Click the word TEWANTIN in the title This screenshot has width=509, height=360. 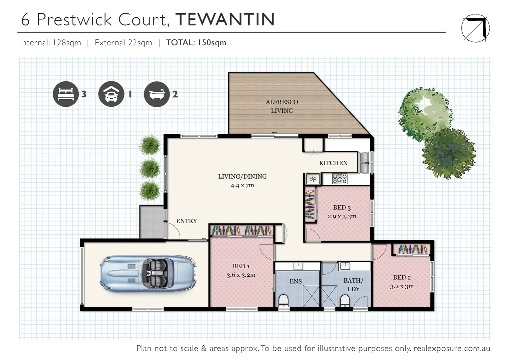click(x=225, y=19)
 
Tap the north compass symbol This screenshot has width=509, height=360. click(x=475, y=28)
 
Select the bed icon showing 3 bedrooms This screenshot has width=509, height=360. click(x=66, y=94)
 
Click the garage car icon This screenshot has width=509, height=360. click(x=111, y=94)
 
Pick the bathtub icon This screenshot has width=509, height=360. click(x=157, y=94)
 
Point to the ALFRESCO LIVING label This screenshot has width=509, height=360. click(x=282, y=106)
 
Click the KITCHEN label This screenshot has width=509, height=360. click(x=333, y=163)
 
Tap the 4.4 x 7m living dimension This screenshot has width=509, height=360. click(x=242, y=185)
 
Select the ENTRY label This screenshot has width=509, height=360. click(x=186, y=221)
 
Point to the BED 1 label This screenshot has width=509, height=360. click(x=241, y=266)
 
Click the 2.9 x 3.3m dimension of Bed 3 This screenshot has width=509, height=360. click(x=342, y=216)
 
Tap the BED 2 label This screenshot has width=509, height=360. click(x=402, y=277)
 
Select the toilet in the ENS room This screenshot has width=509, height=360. click(x=283, y=300)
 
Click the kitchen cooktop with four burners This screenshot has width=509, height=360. click(x=339, y=179)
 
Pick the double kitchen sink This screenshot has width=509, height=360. click(x=363, y=163)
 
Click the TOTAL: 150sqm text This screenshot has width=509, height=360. click(x=196, y=43)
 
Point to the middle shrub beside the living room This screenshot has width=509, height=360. click(x=149, y=168)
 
